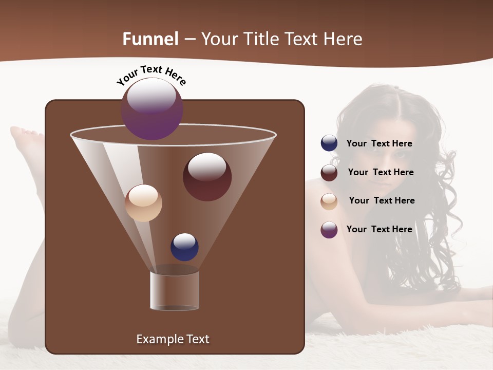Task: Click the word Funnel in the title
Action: pos(150,39)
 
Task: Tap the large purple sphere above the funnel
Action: pos(151,109)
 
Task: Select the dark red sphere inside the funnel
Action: pos(207,177)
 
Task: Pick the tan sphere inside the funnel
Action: pos(143,203)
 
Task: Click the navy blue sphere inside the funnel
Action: pos(184,247)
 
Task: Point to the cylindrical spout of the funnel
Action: pos(174,290)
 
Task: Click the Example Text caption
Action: pos(173,339)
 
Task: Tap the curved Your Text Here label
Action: pos(151,75)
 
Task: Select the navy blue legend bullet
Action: pos(329,143)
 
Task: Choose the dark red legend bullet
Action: pos(329,173)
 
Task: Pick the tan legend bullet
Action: pos(329,201)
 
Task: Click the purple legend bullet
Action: pos(329,230)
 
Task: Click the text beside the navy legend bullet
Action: pos(379,144)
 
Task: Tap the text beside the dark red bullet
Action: pos(381,172)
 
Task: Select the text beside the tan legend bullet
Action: pos(382,200)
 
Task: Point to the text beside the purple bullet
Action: pos(379,229)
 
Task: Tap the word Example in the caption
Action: pos(157,339)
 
